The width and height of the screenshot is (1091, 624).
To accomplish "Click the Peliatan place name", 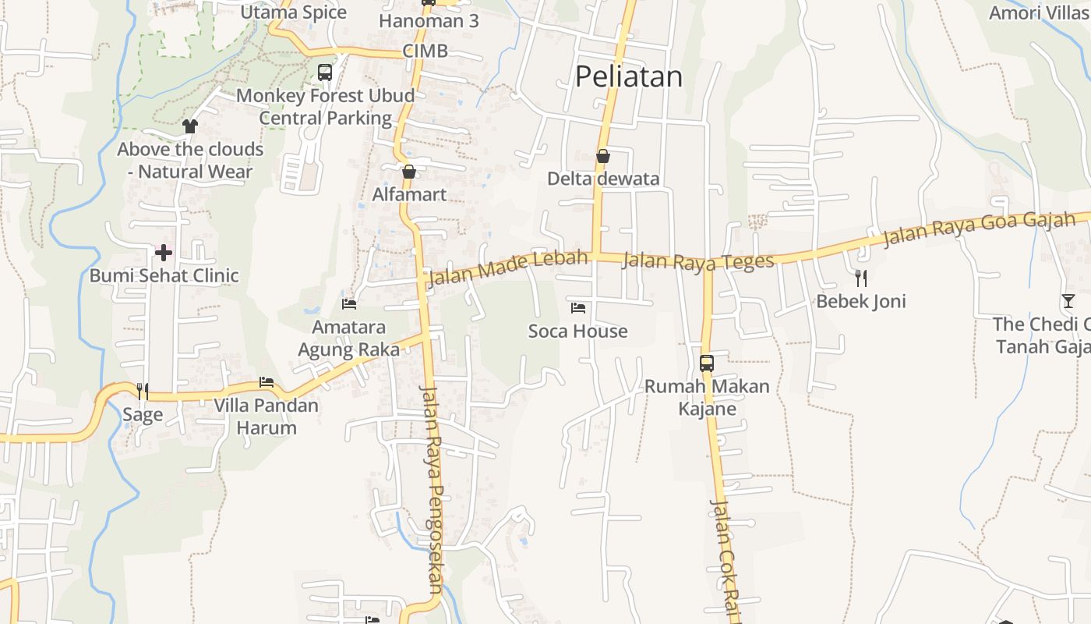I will pos(629,76).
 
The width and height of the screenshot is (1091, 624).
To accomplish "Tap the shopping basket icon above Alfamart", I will pos(409,172).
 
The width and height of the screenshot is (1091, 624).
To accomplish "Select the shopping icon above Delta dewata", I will pos(602,156).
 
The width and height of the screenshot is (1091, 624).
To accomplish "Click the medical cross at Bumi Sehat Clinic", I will pos(164,252).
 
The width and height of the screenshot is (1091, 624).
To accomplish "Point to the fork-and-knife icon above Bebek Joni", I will pos(861,278).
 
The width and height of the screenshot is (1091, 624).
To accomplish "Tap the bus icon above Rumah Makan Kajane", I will pos(707,363).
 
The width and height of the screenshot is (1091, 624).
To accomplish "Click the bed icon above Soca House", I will pos(578,308).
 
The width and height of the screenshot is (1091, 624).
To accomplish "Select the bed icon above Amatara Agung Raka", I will pos(349,303).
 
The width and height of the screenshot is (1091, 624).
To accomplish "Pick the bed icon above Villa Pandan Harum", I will pos(267,382).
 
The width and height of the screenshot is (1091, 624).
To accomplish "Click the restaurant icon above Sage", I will pos(143,391).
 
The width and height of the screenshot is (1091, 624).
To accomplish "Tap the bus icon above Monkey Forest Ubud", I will pos(325,73).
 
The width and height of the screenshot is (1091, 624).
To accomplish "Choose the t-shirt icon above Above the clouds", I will pos(190,126).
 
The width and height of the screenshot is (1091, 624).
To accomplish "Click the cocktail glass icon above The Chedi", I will pos(1068,301).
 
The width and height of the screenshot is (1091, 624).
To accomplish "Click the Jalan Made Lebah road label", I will pos(507,268).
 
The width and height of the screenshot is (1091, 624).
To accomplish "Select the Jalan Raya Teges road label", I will pos(698,261).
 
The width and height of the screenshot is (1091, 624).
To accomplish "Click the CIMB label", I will pos(425,51).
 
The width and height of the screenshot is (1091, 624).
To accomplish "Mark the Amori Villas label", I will pos(1040,12).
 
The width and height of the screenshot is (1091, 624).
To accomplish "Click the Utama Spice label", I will pos(294,12).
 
